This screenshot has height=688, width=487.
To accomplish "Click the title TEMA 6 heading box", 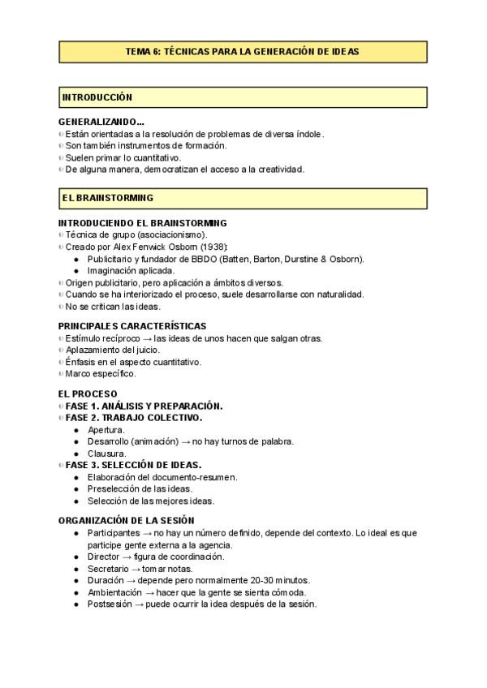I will pos(243,50).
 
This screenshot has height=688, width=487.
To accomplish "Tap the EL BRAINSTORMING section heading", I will pos(107,197).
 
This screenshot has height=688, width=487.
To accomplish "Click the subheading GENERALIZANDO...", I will pos(101,122).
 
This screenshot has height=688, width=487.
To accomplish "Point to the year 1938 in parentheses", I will pos(213,247).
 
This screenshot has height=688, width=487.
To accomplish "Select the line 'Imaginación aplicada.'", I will pos(131,270).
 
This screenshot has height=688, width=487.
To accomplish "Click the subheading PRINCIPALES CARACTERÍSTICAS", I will pos(132,326).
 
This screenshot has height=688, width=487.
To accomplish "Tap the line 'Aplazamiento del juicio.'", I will pos(112,350).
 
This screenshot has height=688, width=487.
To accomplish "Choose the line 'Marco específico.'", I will pos(101,374).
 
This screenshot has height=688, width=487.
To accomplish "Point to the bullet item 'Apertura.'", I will pos(106,429).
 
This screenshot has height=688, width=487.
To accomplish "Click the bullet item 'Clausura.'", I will pos(106,454).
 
